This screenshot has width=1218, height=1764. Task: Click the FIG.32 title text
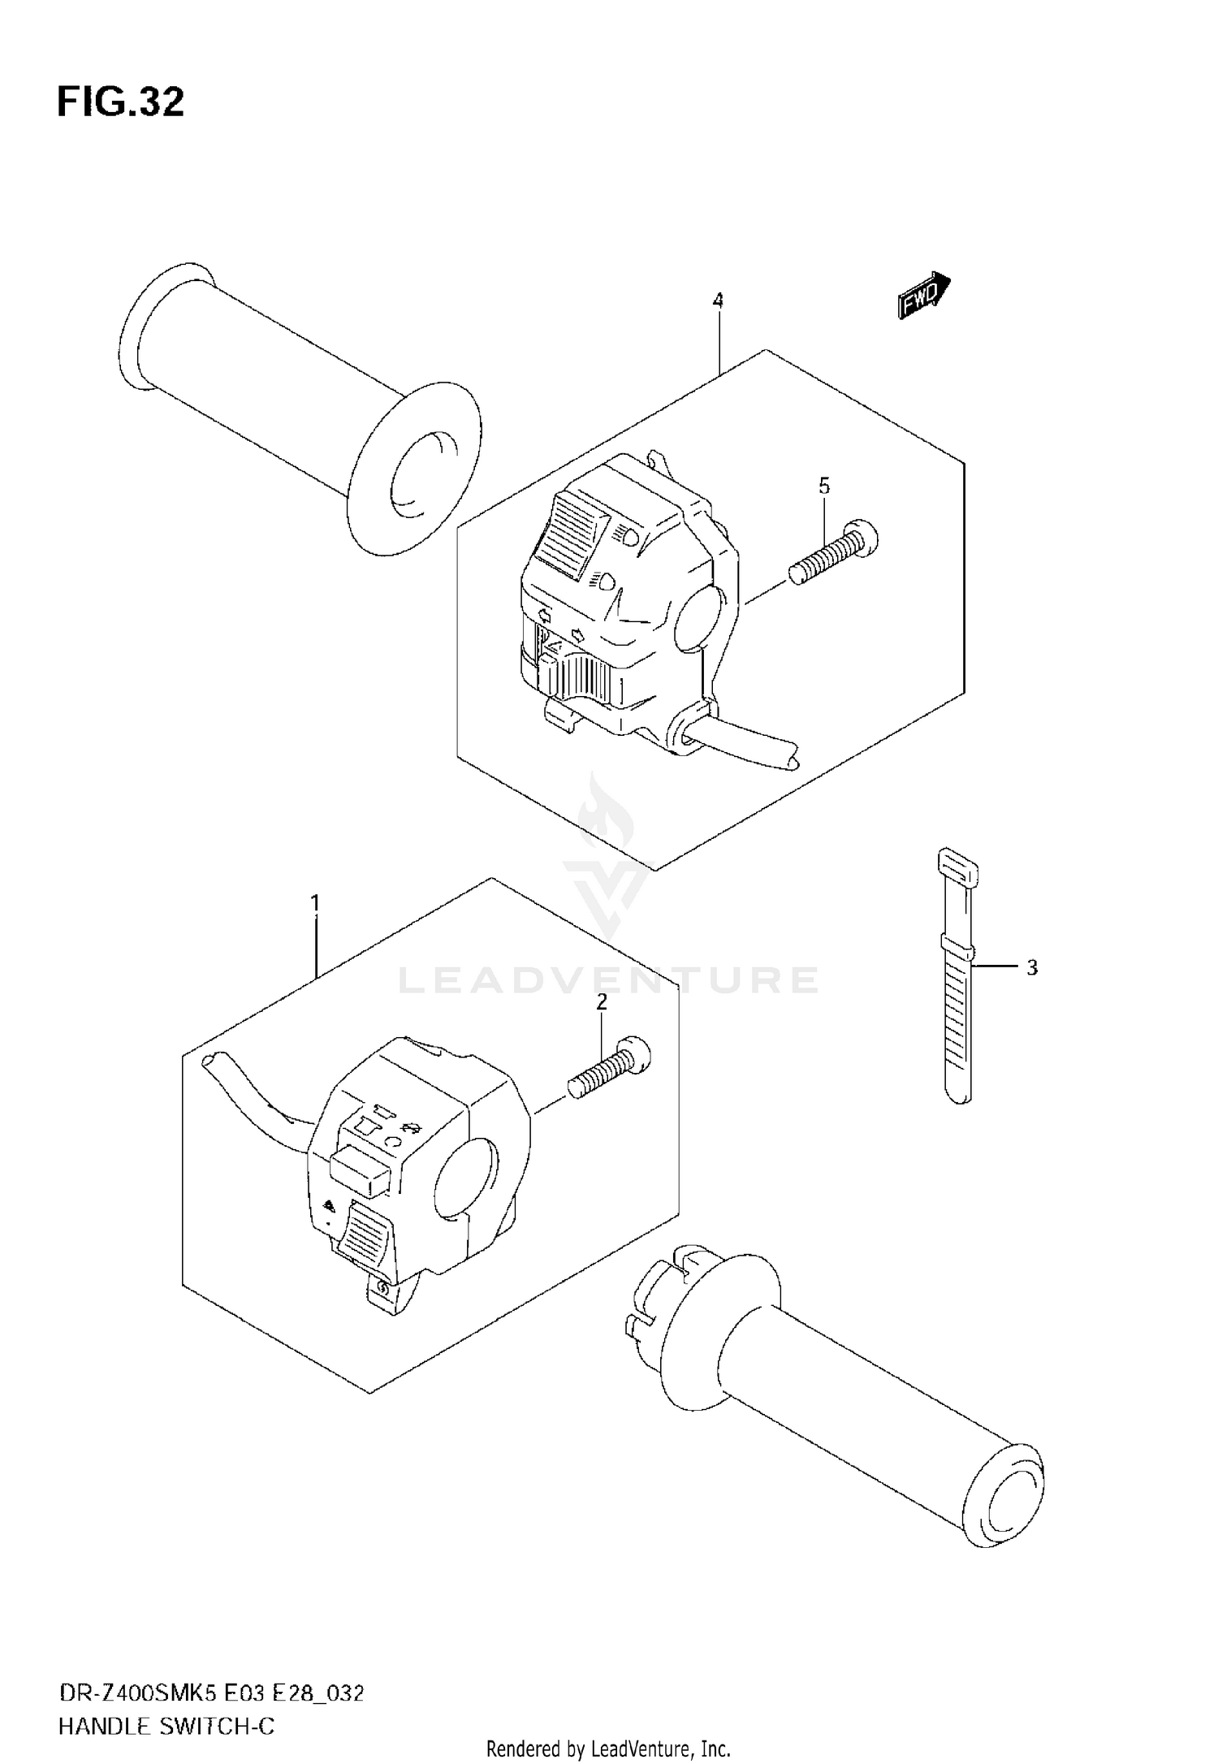[x=120, y=103]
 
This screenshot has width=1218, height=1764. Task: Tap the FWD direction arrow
[x=924, y=296]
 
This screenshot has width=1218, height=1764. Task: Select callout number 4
[x=718, y=300]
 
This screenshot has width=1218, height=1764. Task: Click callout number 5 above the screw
[x=824, y=486]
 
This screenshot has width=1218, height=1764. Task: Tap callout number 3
[x=1031, y=968]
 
